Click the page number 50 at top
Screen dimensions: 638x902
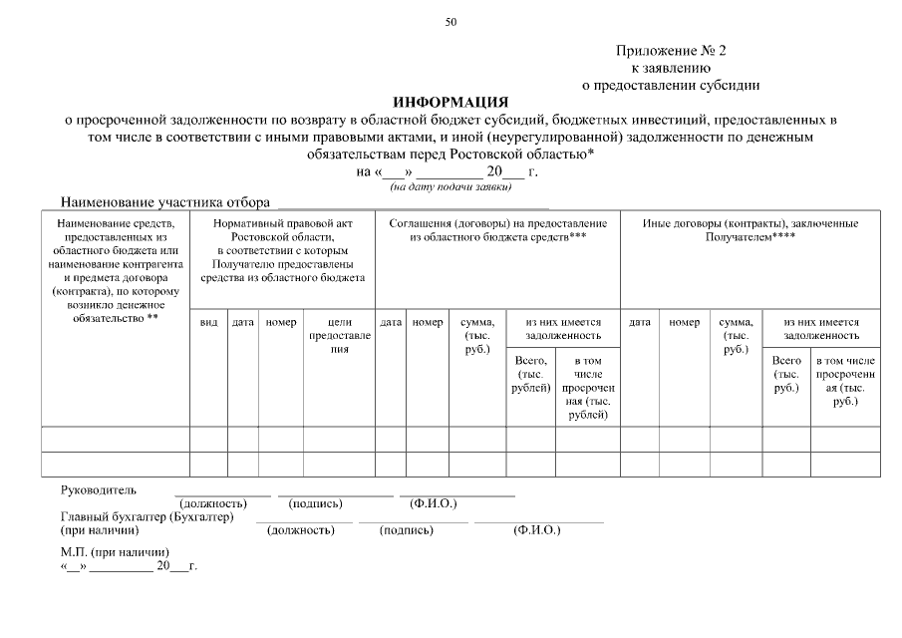[451, 21]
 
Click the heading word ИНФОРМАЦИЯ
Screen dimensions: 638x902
[451, 103]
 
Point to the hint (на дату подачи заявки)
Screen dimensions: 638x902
[451, 186]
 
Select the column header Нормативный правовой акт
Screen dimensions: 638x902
[283, 224]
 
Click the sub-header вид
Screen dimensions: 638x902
[209, 323]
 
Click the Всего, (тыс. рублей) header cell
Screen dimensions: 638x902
[530, 374]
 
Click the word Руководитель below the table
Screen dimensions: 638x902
[99, 490]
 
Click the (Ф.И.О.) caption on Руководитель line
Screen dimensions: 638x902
[433, 503]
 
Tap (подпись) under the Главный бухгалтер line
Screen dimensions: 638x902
[407, 530]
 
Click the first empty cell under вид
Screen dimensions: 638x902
[209, 438]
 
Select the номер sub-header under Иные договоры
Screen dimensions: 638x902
[684, 323]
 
